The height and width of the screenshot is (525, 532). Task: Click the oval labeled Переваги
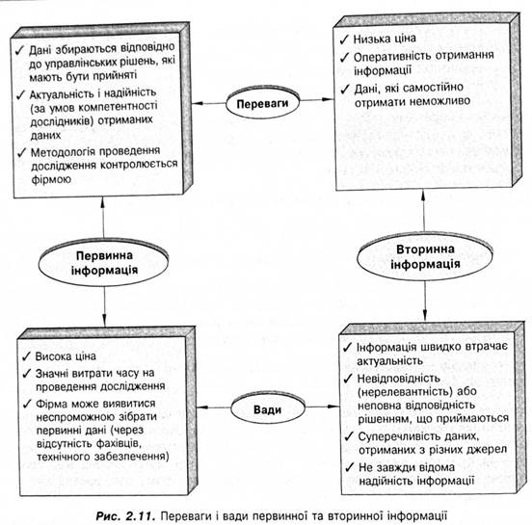pos(262,103)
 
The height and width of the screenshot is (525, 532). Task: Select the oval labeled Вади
pos(268,409)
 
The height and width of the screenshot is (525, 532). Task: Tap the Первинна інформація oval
pos(103,262)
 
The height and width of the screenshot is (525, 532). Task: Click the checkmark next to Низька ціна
pos(344,39)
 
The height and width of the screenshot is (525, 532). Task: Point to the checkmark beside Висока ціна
pos(26,356)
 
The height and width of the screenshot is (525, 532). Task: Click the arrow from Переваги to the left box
pos(209,103)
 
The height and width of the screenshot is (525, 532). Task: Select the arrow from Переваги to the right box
pos(317,100)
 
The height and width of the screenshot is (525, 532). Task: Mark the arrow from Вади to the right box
pos(323,407)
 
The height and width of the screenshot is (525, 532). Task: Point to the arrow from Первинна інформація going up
pos(103,218)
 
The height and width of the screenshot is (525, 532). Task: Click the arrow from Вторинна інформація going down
pos(425,301)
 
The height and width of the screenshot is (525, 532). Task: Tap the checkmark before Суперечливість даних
pos(349,436)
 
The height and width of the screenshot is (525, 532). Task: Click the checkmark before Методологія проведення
pos(22,152)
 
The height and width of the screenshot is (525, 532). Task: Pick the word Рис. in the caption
pos(108,516)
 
